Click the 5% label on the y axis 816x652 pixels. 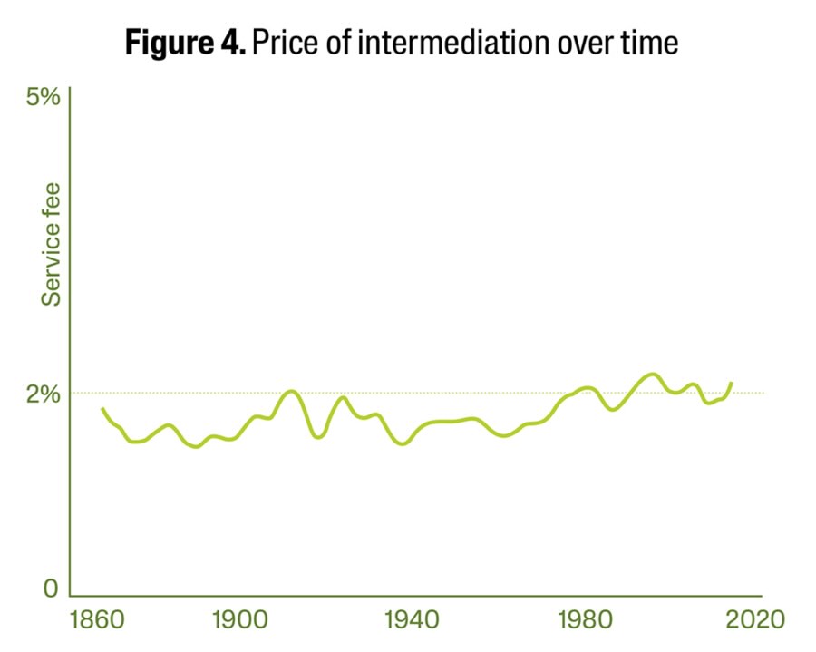pyautogui.click(x=43, y=96)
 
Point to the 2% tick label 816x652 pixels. pyautogui.click(x=43, y=394)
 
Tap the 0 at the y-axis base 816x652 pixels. pyautogui.click(x=51, y=589)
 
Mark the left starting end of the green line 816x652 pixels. pyautogui.click(x=102, y=409)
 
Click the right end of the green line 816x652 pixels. pyautogui.click(x=732, y=383)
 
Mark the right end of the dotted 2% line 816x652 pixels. pyautogui.click(x=764, y=393)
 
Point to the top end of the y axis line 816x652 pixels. pyautogui.click(x=70, y=88)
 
